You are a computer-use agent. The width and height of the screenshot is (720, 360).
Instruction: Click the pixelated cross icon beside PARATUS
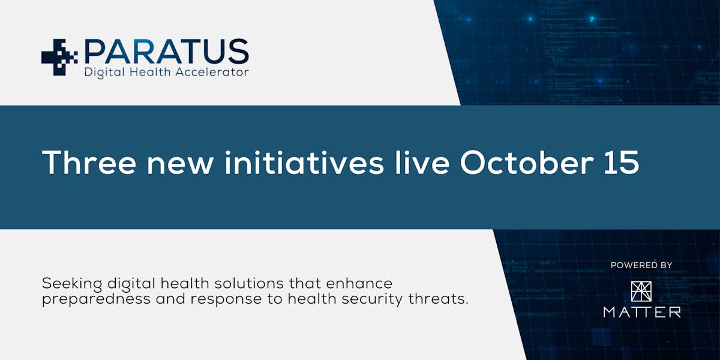59,57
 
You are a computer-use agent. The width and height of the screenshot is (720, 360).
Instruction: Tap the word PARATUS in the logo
167,52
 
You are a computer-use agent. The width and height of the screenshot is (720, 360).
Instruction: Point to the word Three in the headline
89,163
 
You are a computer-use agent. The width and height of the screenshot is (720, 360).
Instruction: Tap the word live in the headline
422,163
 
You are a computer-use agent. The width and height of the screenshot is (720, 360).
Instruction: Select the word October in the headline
527,163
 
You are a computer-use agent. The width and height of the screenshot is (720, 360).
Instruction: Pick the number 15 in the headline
622,163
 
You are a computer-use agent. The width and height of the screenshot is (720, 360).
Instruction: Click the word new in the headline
180,166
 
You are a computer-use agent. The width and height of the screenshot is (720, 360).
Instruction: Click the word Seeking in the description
72,284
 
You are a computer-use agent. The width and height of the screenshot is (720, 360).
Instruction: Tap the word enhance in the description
359,283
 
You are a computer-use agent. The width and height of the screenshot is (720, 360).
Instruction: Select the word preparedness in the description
96,299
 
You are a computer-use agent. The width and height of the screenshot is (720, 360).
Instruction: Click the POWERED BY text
641,265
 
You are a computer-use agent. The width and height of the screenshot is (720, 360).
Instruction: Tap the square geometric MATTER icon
641,292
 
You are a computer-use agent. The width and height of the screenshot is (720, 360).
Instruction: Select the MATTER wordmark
642,312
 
